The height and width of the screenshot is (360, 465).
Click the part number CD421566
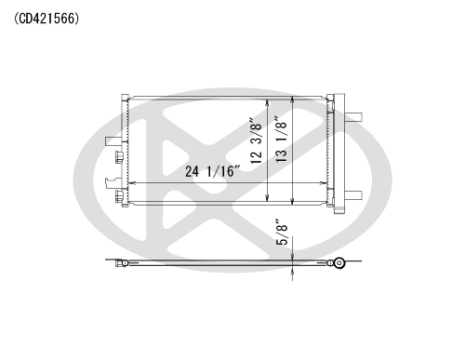[46, 19]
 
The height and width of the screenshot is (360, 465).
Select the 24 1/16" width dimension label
[213, 171]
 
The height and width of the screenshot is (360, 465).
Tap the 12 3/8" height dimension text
[257, 140]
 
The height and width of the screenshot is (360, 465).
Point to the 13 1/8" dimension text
[281, 140]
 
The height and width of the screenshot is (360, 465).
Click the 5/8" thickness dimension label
[282, 233]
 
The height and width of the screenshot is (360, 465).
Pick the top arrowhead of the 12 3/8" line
[268, 102]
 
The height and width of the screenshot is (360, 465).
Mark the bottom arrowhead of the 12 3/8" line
[268, 198]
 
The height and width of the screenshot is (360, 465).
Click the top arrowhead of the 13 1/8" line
[293, 100]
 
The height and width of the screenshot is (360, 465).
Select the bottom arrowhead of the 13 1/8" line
[293, 201]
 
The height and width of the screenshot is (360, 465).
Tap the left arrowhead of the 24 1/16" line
[131, 183]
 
